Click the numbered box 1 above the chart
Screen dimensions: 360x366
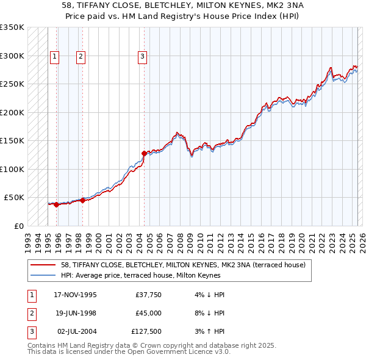pos(54,57)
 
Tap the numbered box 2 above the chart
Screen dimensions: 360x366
pos(81,57)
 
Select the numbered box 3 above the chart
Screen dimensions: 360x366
pos(142,57)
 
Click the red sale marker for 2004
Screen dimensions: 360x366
pos(145,154)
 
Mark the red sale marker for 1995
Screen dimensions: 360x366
pos(56,204)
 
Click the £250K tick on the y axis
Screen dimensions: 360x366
pos(12,84)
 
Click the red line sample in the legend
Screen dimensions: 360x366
pos(44,265)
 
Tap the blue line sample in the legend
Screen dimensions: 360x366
pos(44,275)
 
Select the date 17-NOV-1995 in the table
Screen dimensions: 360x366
pos(75,295)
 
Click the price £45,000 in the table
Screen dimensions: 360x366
pos(149,313)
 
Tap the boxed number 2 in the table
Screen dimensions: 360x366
pos(31,313)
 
